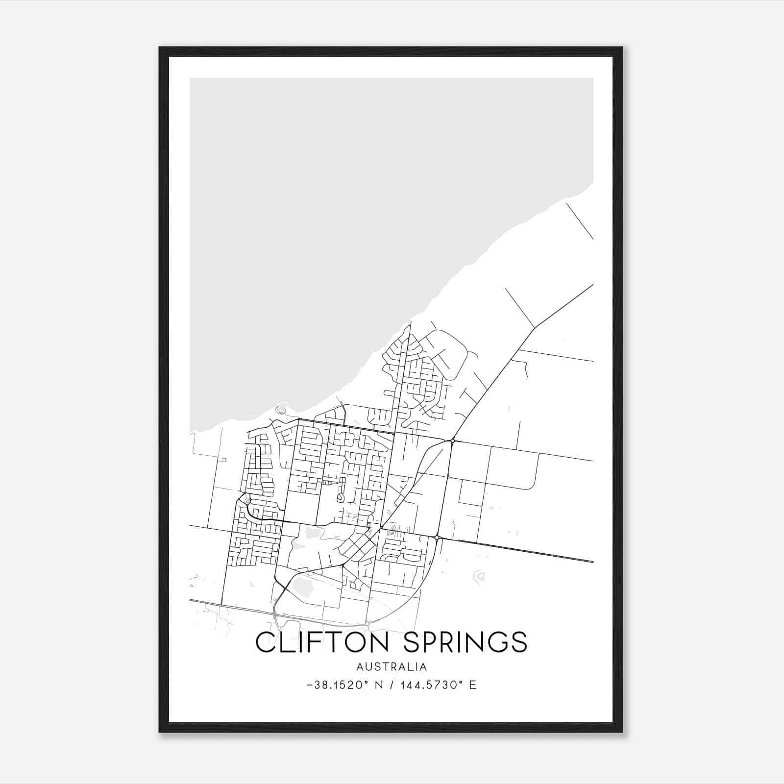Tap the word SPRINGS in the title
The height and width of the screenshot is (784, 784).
coord(465,642)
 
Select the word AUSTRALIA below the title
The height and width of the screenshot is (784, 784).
coord(392,667)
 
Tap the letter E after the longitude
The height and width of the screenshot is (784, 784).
coord(473,685)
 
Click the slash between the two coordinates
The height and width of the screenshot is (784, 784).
coord(391,685)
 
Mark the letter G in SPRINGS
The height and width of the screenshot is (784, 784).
coord(496,642)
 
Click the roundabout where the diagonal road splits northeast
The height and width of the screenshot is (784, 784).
coord(452,441)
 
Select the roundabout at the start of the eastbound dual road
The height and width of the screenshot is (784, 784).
coord(436,538)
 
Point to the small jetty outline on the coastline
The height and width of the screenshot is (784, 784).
coord(281,408)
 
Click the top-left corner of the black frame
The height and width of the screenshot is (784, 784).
coord(160,48)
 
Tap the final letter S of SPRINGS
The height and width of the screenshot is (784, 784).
coord(518,642)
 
